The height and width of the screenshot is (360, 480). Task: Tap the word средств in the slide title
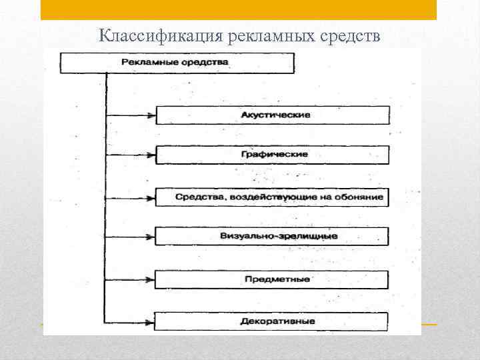point(349,35)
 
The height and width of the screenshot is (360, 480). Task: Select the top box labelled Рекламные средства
point(177,63)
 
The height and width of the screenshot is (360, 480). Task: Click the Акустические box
point(273,115)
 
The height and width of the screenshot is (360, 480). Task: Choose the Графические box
point(273,155)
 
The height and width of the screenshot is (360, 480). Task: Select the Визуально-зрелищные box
point(273,237)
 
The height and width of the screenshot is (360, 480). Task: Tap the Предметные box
point(273,279)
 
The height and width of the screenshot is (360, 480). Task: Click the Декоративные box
point(273,321)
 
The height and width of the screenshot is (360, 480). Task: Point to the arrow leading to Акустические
point(131,115)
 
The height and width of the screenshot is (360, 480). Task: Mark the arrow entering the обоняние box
point(131,197)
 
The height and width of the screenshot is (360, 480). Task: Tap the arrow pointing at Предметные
point(131,279)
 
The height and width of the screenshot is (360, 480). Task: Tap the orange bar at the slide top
point(238,9)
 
